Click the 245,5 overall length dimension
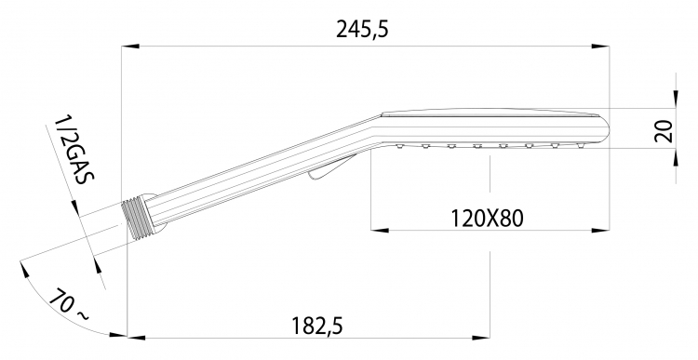362,30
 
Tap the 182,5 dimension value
317,326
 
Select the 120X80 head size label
487,219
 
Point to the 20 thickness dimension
663,131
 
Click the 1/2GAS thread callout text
74,151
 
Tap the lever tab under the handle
331,167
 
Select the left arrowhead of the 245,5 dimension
130,47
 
